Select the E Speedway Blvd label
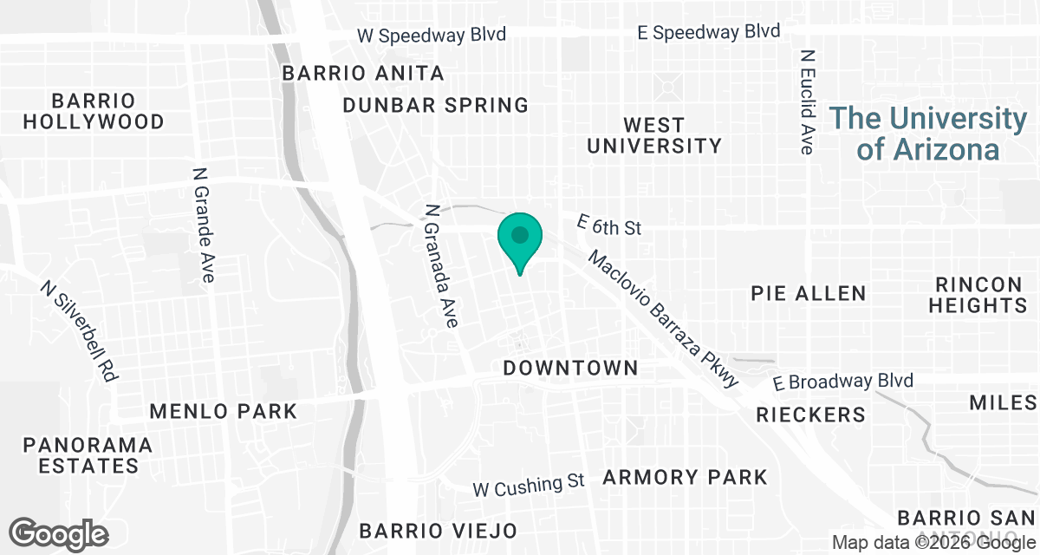point(708,32)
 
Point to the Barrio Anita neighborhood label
point(363,74)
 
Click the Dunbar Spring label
point(435,106)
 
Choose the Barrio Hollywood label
point(94,111)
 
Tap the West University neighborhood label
point(653,135)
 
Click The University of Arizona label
point(928,134)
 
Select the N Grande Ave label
point(203,225)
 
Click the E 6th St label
point(609,227)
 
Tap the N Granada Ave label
point(441,266)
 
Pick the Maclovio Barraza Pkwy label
point(664,318)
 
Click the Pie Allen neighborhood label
point(809,293)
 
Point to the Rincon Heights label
point(979,295)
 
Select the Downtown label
point(570,369)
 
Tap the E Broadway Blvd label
point(843,382)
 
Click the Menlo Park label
point(223,411)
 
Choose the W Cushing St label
point(529,485)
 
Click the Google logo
point(59,533)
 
